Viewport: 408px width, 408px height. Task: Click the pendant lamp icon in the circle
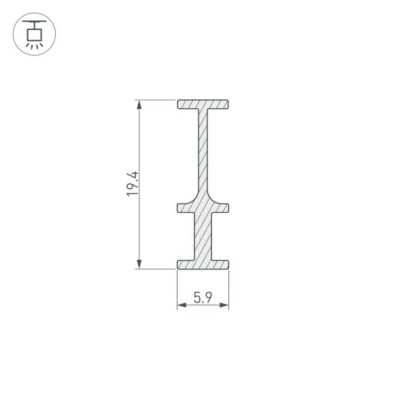coord(33,34)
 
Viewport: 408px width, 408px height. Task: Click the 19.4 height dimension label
coord(133,184)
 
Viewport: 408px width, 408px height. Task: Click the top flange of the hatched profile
coord(203,105)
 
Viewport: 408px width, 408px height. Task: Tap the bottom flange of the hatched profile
coord(203,264)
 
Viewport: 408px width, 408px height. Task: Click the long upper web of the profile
coord(203,153)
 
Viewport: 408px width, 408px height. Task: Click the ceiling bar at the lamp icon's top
coord(33,21)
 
